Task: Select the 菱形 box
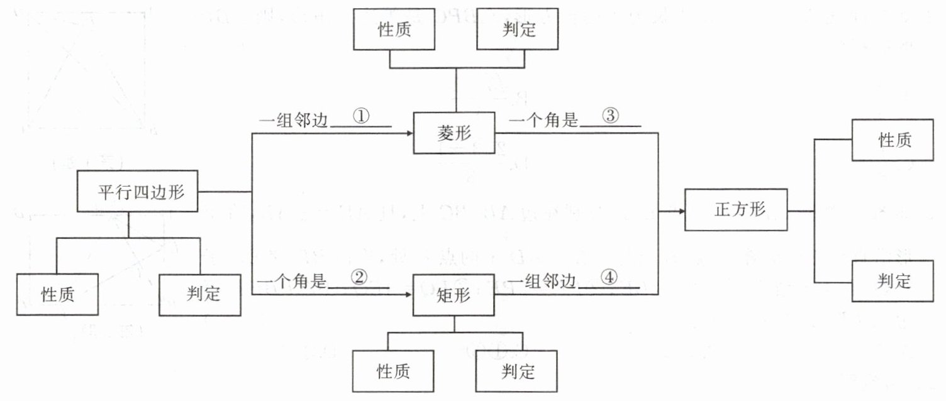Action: coord(455,133)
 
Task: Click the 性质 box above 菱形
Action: coord(394,30)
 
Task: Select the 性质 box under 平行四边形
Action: coord(58,294)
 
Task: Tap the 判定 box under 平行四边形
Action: coord(200,294)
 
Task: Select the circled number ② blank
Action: coord(359,280)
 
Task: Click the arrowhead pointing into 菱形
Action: coord(409,133)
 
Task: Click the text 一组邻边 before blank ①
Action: coord(293,121)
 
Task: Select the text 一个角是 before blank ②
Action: coord(292,282)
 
